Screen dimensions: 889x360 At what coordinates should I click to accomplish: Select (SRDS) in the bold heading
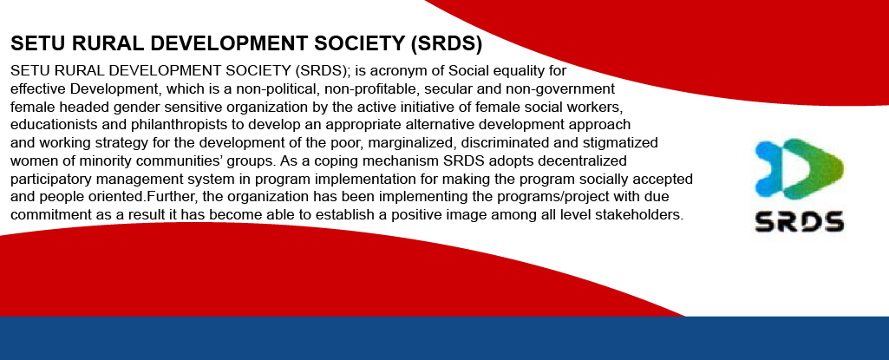(x=446, y=44)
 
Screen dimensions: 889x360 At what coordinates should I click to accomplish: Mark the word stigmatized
(x=622, y=142)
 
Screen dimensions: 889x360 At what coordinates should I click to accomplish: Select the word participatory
(x=47, y=180)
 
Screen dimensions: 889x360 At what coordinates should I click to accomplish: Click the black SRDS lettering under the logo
(x=800, y=221)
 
